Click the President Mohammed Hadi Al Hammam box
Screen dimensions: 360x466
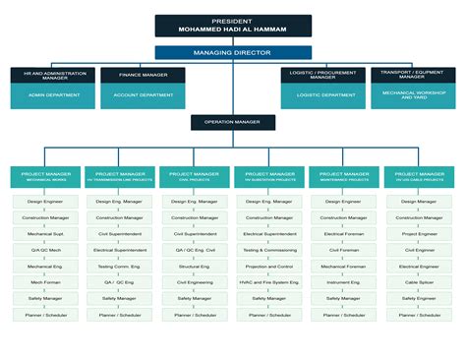(x=233, y=26)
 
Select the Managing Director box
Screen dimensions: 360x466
(x=233, y=52)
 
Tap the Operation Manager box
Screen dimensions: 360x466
(x=233, y=123)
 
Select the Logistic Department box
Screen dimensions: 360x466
(x=324, y=95)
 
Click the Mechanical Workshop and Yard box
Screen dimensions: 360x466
(x=413, y=95)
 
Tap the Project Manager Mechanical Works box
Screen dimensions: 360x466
(x=45, y=177)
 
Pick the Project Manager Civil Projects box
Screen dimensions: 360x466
(x=195, y=177)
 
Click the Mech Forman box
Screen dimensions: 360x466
(x=45, y=282)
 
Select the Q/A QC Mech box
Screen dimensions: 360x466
(x=45, y=250)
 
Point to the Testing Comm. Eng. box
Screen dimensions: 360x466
(x=120, y=267)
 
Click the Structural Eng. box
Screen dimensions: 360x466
(x=195, y=267)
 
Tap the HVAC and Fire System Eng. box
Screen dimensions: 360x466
(x=269, y=282)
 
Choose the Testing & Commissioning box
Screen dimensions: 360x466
(x=269, y=250)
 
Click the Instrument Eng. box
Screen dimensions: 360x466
(x=344, y=282)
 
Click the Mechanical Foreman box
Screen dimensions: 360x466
(x=344, y=267)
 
